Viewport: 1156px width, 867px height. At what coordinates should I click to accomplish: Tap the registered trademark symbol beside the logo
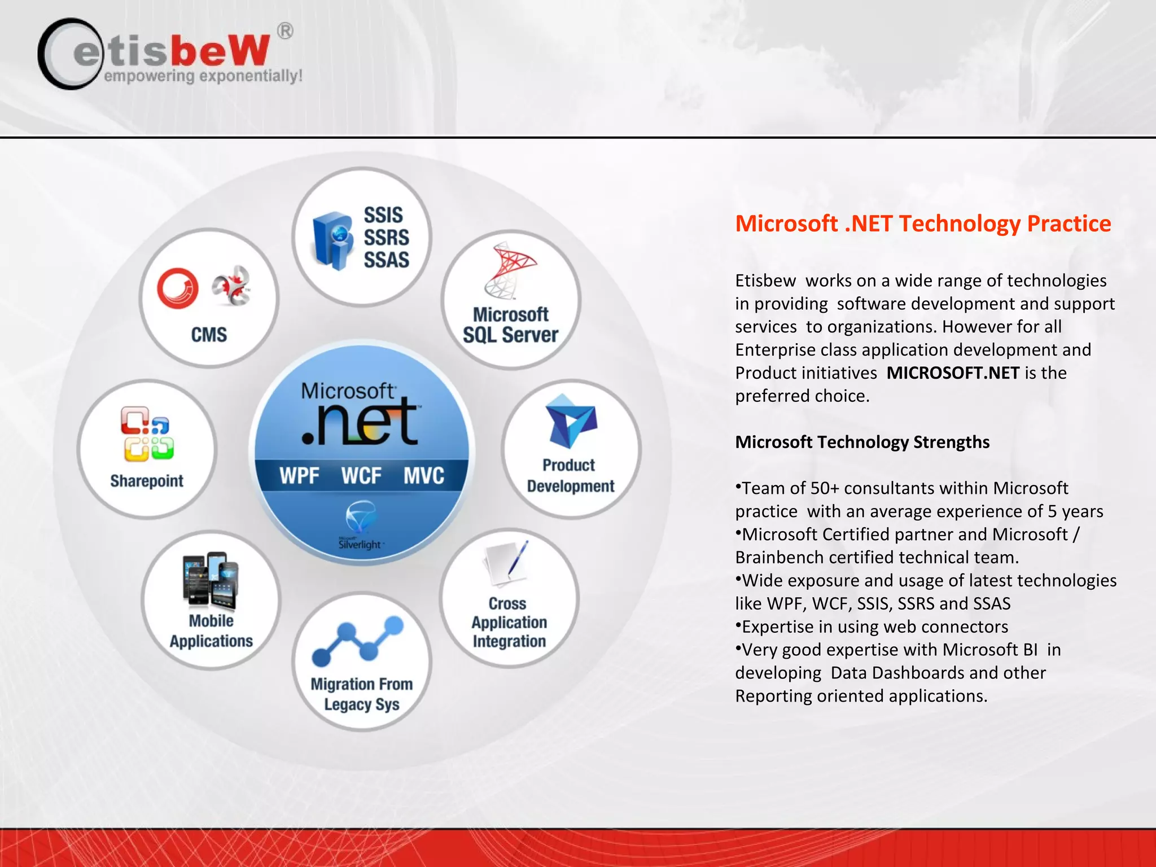click(286, 30)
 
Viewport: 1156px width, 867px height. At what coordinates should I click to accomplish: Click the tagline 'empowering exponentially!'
click(203, 76)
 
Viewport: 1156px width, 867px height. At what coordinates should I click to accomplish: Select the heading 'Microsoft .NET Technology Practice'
click(922, 224)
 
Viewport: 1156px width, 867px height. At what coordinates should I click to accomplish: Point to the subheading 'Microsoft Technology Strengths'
click(862, 442)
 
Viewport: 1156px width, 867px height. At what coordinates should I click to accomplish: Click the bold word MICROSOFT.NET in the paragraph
click(953, 373)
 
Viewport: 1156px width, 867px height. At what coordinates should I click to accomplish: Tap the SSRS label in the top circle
click(386, 238)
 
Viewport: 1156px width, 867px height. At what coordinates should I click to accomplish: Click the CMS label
click(209, 335)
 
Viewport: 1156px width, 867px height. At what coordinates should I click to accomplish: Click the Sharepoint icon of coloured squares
click(147, 433)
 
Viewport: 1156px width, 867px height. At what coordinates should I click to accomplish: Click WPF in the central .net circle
click(299, 476)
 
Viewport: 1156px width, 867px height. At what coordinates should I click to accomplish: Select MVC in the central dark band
click(423, 476)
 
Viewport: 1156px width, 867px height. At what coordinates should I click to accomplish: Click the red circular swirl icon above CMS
click(178, 288)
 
